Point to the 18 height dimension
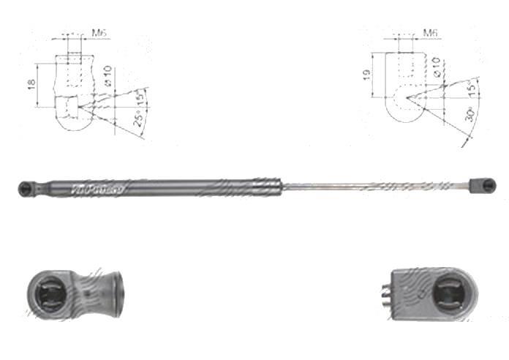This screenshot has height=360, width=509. [x=31, y=86]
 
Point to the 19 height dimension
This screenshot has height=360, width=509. [x=366, y=75]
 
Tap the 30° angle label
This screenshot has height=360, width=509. [x=472, y=115]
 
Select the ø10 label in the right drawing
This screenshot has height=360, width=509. [x=436, y=70]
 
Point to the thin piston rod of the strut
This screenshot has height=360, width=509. [x=373, y=187]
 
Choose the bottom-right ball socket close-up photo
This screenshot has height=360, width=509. [x=433, y=293]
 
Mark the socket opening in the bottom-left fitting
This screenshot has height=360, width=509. [x=50, y=295]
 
